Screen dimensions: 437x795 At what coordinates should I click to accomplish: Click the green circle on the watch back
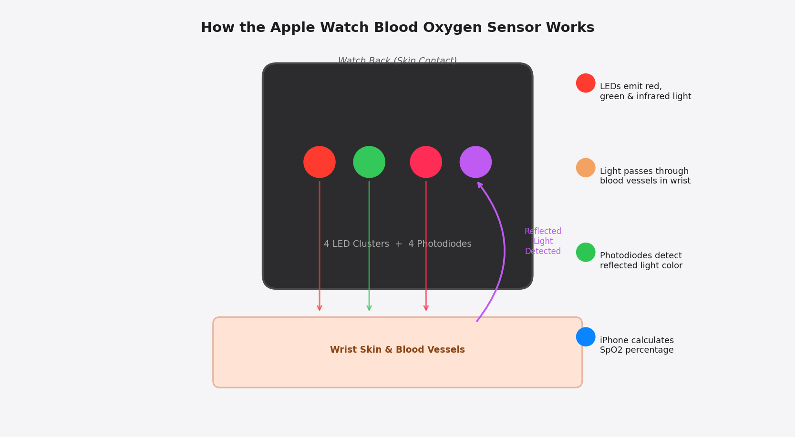[369, 162]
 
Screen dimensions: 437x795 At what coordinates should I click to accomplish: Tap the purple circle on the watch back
[475, 162]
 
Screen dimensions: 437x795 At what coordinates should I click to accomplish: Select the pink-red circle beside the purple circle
[426, 162]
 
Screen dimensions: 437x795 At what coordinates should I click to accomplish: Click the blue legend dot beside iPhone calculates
[586, 337]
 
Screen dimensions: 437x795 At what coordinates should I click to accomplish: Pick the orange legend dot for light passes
[586, 168]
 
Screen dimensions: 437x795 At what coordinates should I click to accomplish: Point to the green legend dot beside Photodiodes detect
[586, 252]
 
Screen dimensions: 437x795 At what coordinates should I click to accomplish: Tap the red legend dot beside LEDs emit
[586, 83]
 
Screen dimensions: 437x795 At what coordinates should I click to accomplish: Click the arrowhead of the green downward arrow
[369, 308]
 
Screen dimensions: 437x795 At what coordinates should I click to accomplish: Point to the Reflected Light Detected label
[543, 241]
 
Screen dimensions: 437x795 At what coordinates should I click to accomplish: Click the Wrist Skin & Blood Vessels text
[397, 350]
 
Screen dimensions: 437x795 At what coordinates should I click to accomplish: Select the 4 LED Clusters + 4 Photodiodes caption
[397, 244]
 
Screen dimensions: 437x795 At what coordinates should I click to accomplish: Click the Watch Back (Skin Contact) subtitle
[397, 61]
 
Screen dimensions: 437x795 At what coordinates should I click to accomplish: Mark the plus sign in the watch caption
[398, 244]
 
